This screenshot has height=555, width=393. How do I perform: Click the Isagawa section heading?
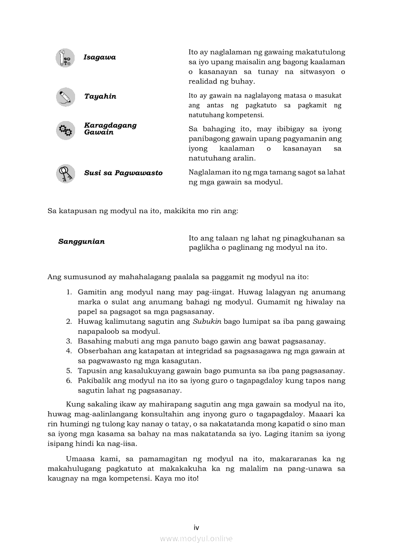pyautogui.click(x=99, y=57)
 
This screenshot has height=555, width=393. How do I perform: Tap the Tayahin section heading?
pyautogui.click(x=100, y=96)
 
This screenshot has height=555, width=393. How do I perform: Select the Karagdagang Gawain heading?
pyautogui.click(x=110, y=129)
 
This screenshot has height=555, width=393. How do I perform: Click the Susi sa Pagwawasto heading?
pyautogui.click(x=123, y=173)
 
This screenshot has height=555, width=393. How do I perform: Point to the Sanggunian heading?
pyautogui.click(x=81, y=241)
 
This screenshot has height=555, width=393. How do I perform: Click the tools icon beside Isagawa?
pyautogui.click(x=65, y=57)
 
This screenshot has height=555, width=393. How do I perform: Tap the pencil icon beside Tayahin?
pyautogui.click(x=65, y=97)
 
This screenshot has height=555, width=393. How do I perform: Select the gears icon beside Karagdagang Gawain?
pyautogui.click(x=65, y=130)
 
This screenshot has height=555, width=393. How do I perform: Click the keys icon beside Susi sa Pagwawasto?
pyautogui.click(x=65, y=173)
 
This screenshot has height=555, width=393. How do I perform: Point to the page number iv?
pyautogui.click(x=196, y=527)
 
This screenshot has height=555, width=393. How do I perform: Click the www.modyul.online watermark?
pyautogui.click(x=196, y=538)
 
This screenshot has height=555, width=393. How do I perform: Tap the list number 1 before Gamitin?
pyautogui.click(x=69, y=292)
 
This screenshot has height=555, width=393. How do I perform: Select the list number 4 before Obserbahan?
pyautogui.click(x=69, y=351)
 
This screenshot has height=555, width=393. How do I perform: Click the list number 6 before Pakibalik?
pyautogui.click(x=69, y=380)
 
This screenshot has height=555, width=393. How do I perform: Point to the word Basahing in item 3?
pyautogui.click(x=93, y=341)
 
